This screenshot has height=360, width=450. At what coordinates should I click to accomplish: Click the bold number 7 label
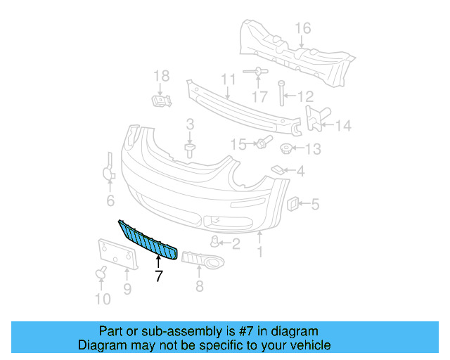(x=158, y=276)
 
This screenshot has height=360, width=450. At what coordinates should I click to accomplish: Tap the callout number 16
(x=302, y=28)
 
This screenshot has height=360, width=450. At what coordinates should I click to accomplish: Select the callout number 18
(x=162, y=76)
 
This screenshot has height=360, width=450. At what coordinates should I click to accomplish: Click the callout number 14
(x=342, y=127)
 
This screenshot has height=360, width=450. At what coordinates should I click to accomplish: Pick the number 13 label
(x=312, y=149)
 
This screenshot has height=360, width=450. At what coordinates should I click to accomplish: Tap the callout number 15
(x=239, y=144)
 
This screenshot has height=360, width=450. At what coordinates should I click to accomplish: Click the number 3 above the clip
(x=190, y=124)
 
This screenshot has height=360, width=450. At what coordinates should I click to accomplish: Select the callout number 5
(x=315, y=205)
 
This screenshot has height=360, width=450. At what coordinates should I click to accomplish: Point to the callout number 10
(x=103, y=300)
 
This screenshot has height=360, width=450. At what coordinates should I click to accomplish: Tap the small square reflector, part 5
(x=290, y=204)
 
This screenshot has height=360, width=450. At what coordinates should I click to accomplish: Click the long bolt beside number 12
(x=281, y=96)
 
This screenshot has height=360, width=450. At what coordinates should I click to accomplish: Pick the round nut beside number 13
(x=286, y=149)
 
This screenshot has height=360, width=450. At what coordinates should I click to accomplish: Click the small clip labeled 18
(x=162, y=101)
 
